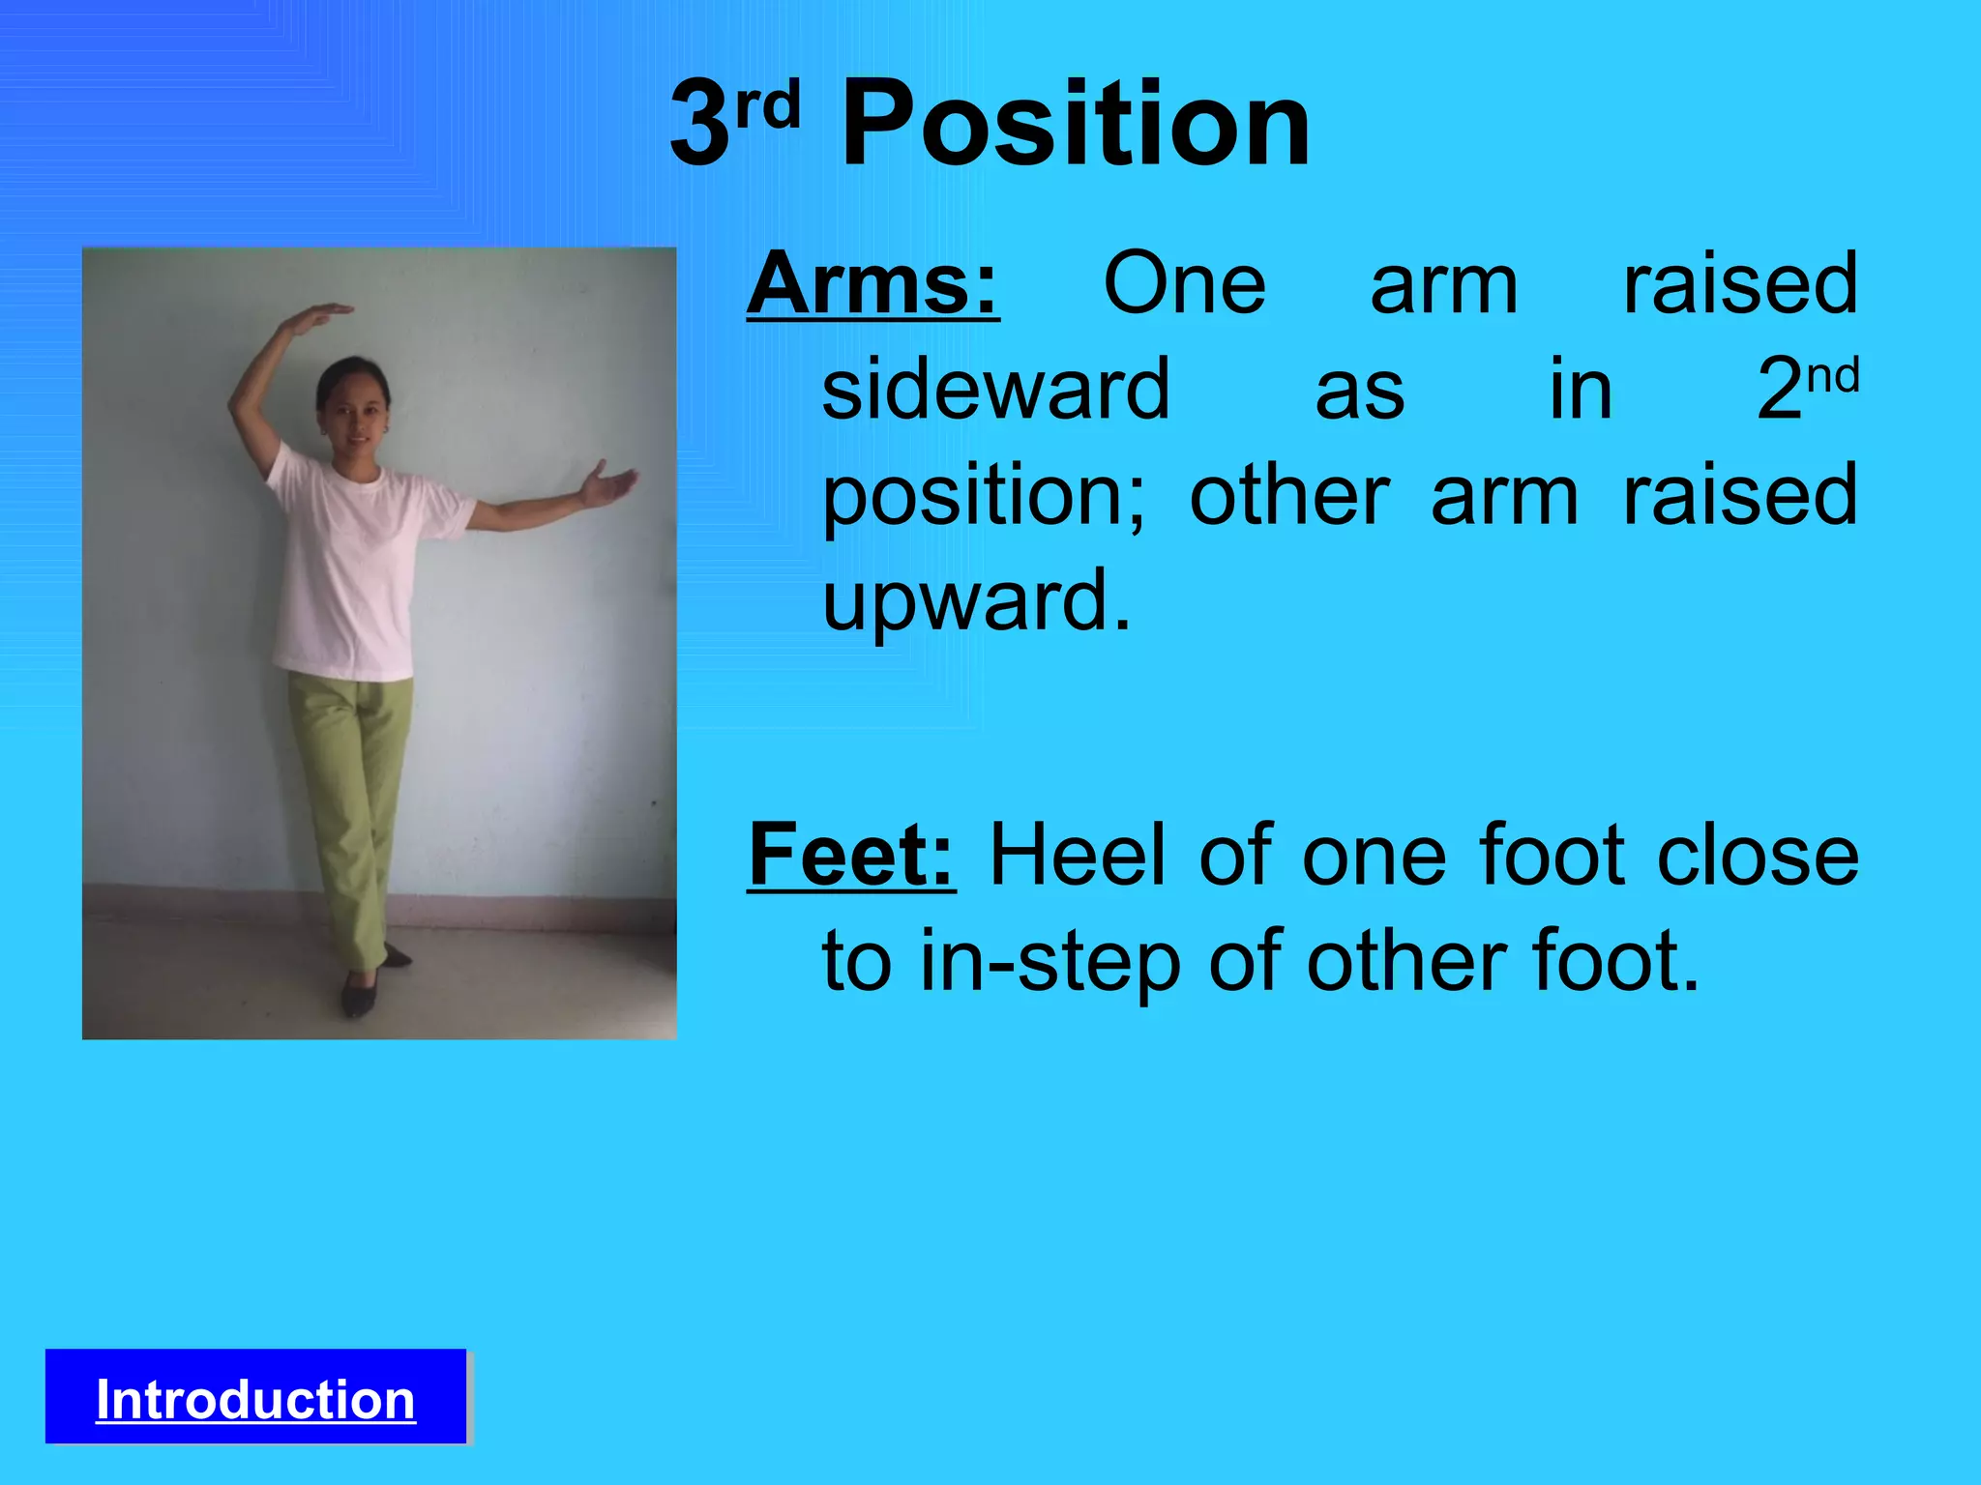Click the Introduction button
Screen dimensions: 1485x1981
255,1398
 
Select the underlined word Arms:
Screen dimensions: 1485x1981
872,284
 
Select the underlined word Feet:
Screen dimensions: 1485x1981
851,855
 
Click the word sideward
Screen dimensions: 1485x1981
996,389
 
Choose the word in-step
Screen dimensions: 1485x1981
1050,963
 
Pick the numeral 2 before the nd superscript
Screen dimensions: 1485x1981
1780,389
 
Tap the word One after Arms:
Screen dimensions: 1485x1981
1184,284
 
